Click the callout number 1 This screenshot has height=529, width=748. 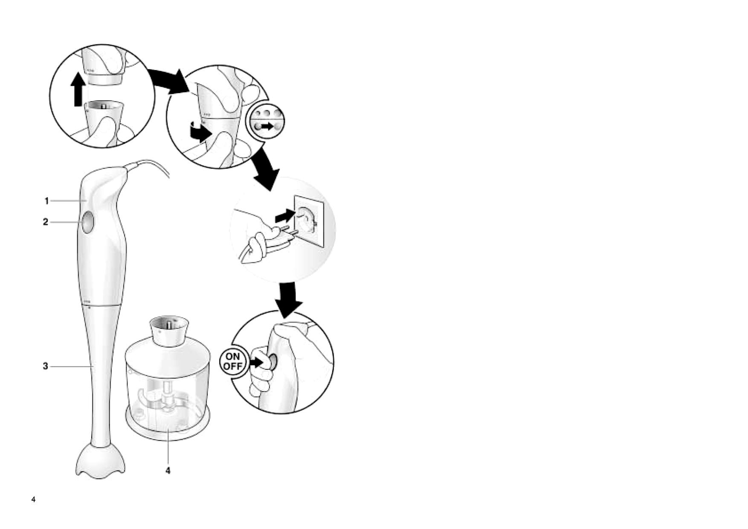pos(47,201)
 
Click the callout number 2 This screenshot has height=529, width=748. pos(46,222)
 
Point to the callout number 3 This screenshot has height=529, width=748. pos(46,366)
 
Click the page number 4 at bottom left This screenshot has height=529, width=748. pos(34,500)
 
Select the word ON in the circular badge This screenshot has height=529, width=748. pos(232,357)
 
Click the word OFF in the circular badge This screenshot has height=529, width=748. pos(232,366)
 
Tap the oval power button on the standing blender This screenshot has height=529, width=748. pos(87,222)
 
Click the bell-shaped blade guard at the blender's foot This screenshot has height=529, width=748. pos(101,461)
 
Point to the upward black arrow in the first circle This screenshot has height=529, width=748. pos(78,88)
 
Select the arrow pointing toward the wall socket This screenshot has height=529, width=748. pos(285,216)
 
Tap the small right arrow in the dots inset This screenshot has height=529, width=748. pos(267,127)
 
